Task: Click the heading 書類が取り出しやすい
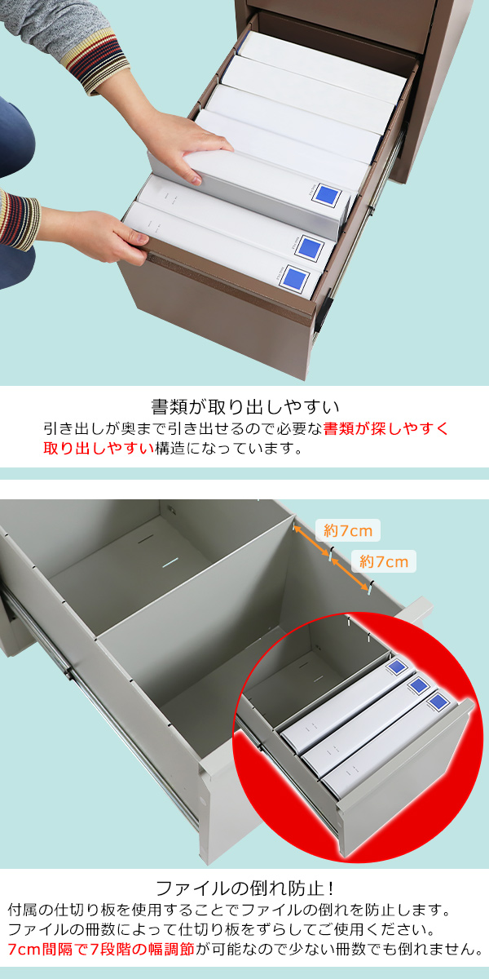244,405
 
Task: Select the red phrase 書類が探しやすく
385,428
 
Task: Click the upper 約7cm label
348,531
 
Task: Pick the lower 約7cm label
383,561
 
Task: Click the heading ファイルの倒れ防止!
244,888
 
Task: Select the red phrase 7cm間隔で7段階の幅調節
101,949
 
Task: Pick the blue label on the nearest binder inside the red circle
437,701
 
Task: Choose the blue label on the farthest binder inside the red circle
397,667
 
